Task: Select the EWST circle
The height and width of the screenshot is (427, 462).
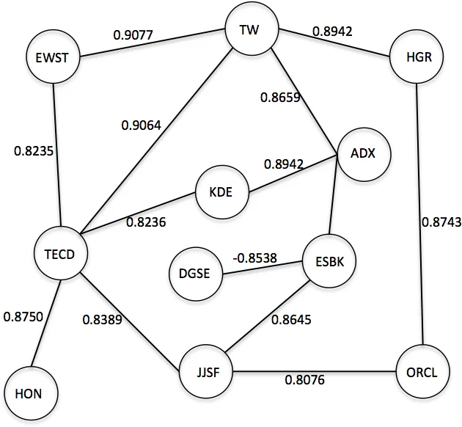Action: [52, 56]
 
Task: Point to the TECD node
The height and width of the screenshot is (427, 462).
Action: [61, 255]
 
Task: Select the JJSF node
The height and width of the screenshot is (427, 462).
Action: [207, 372]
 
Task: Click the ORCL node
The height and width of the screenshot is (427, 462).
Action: [422, 372]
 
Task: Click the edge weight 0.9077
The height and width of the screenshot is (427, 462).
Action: [134, 34]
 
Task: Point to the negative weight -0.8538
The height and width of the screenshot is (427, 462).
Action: [254, 258]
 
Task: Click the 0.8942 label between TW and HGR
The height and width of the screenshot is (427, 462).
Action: [334, 31]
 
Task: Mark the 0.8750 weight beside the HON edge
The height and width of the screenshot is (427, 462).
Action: [23, 317]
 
